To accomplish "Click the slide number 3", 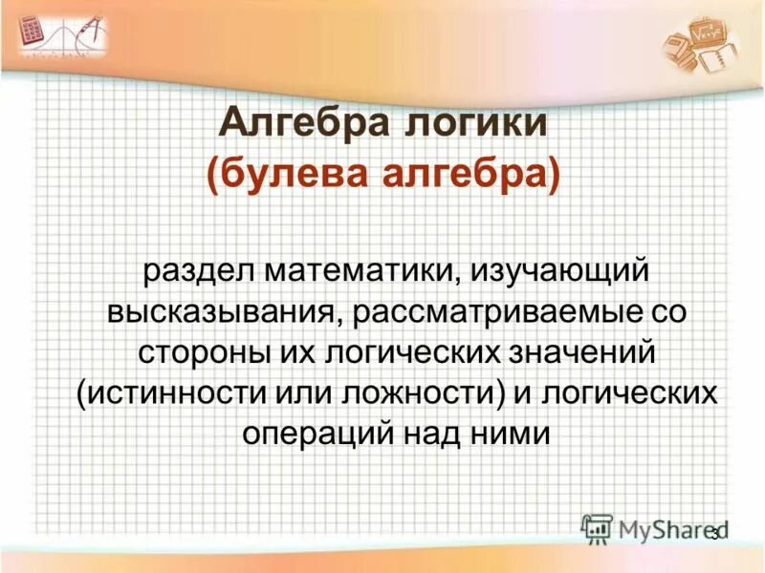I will [713, 534].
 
